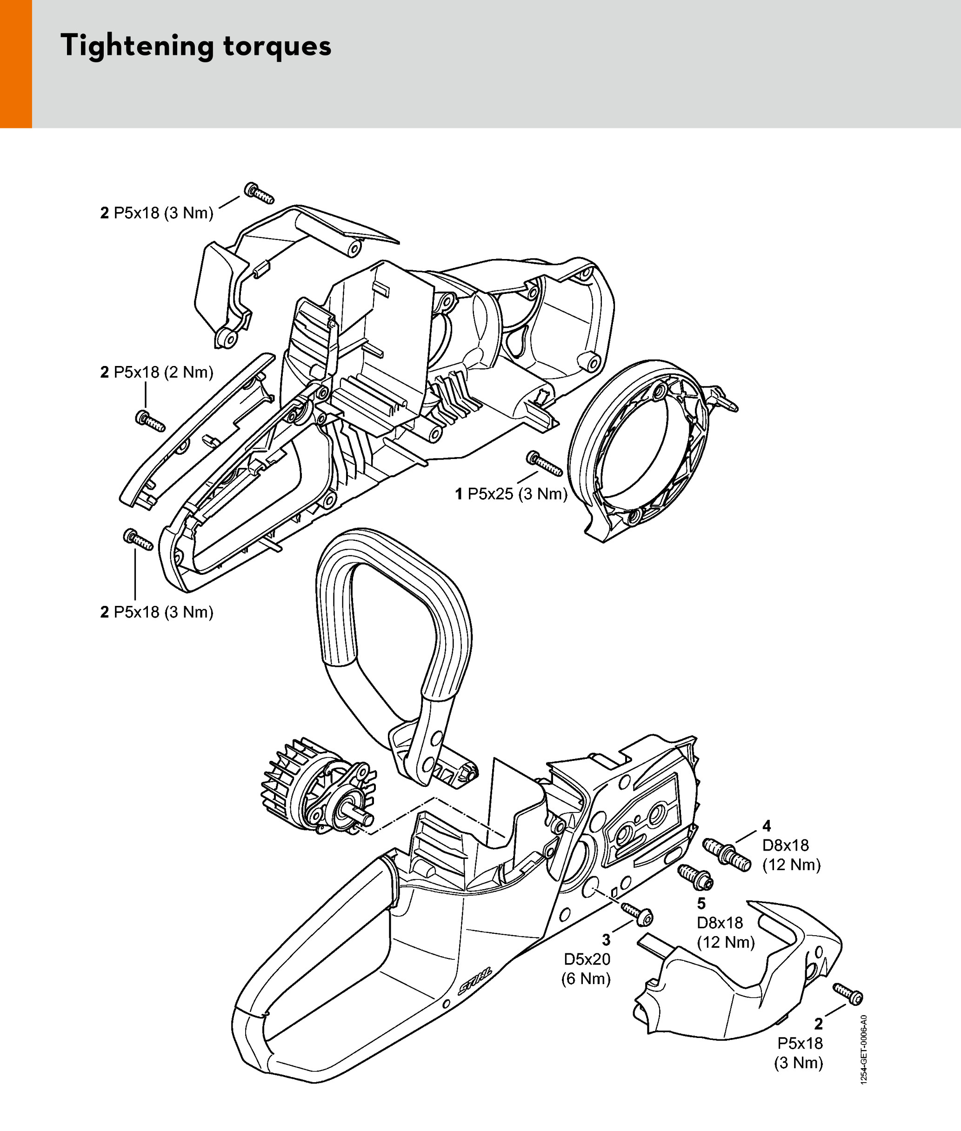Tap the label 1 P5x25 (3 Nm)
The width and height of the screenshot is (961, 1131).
(511, 494)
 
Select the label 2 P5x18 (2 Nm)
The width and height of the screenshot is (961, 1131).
(156, 373)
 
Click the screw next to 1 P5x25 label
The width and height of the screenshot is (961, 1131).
(544, 463)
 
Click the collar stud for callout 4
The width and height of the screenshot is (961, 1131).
(727, 854)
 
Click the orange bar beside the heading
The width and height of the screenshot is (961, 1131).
(16, 64)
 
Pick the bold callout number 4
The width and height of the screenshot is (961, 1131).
(767, 826)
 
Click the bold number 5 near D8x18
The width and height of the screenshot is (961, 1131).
(701, 904)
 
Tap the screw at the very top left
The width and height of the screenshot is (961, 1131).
(259, 193)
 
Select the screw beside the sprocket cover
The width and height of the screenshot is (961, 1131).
(848, 994)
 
